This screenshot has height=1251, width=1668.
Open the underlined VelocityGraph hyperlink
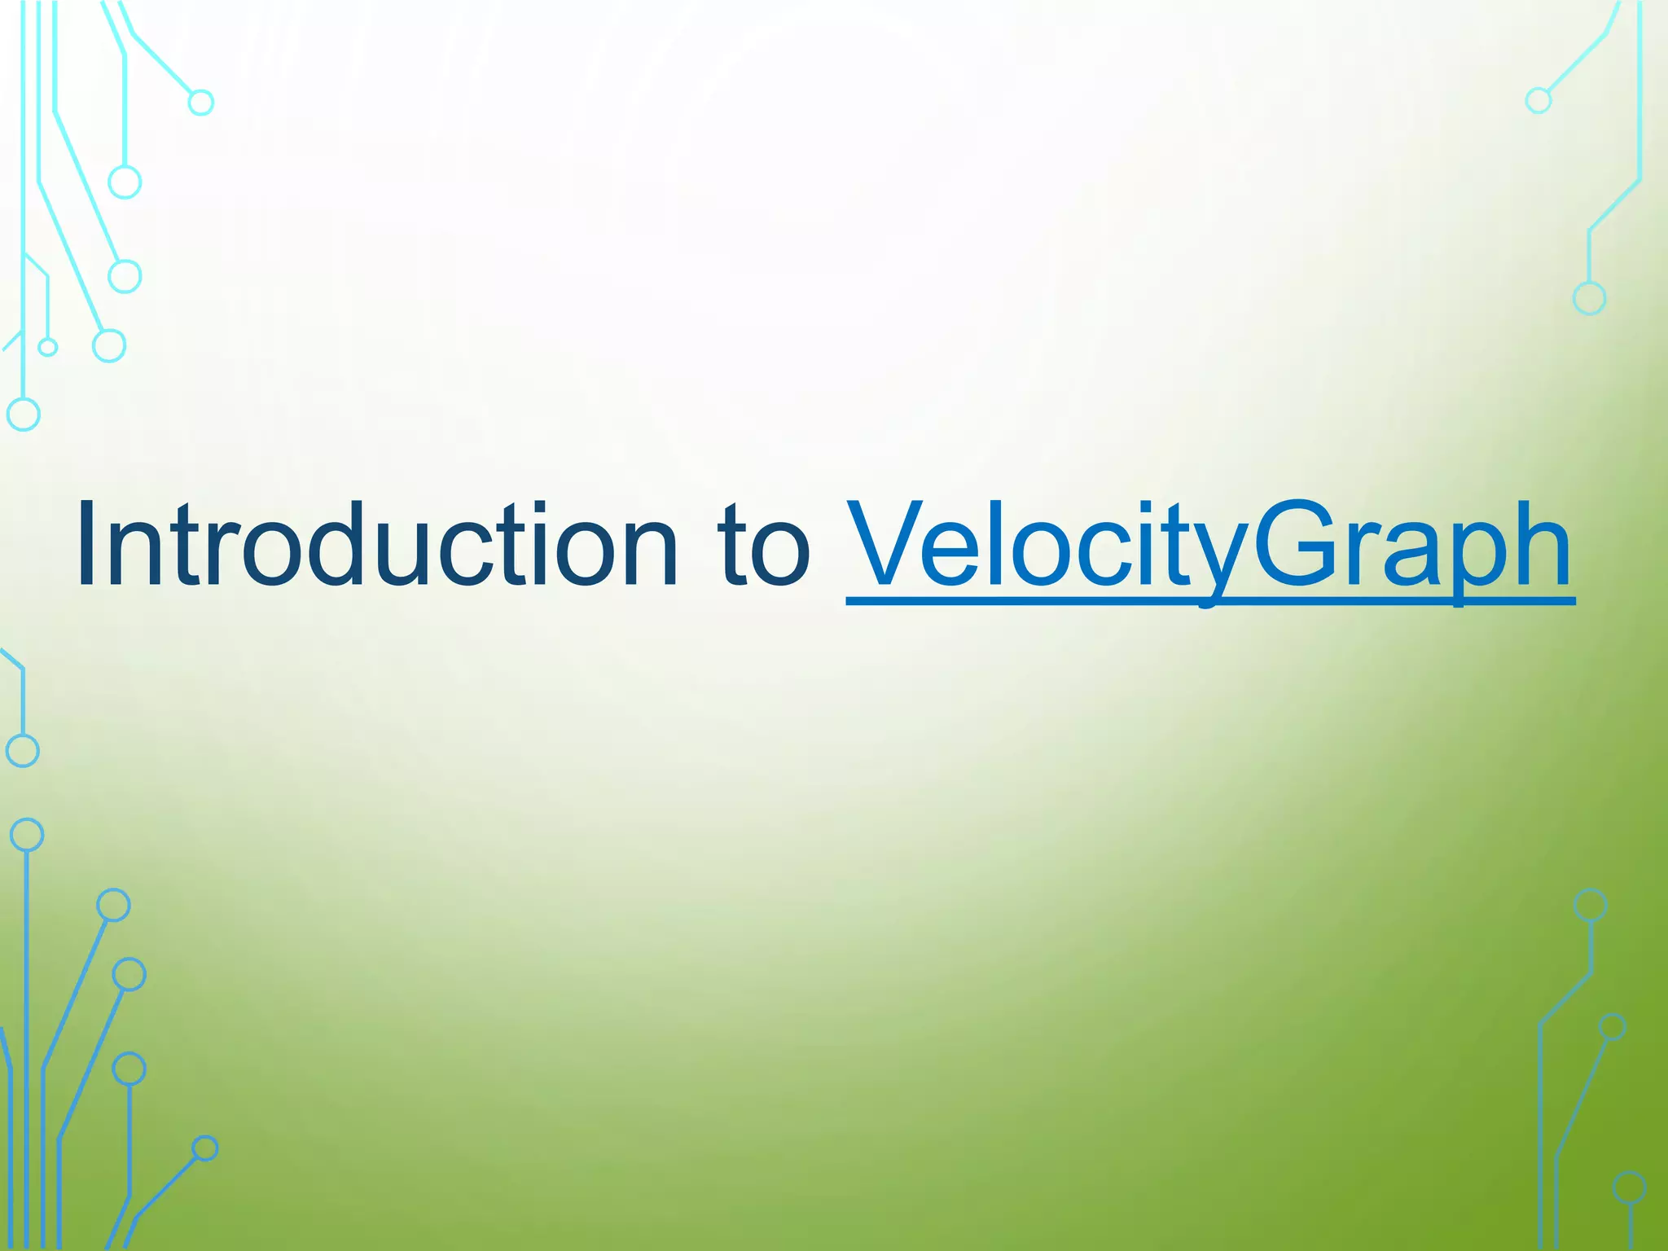(1209, 546)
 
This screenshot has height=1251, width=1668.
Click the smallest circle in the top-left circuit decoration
(48, 348)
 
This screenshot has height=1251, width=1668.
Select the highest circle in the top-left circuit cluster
(201, 103)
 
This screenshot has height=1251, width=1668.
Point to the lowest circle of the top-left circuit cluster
(24, 415)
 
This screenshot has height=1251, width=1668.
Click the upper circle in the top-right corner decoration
(1538, 101)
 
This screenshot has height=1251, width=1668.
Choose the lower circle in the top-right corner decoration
(1589, 299)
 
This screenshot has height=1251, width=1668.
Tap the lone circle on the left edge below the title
(23, 751)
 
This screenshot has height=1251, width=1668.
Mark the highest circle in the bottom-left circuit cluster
(27, 835)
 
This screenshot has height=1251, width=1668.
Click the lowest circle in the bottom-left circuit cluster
(205, 1148)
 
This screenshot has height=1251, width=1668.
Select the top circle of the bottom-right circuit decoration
(1591, 905)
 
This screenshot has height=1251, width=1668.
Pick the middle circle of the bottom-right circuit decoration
(1612, 1027)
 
